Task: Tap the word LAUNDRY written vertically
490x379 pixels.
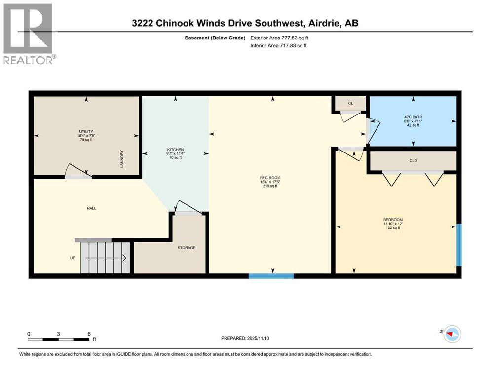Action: tap(121, 158)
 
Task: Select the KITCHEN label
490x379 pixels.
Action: tap(175, 149)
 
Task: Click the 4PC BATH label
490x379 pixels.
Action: tap(412, 117)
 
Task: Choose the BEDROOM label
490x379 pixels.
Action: tap(393, 220)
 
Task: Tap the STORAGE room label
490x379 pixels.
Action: tap(187, 247)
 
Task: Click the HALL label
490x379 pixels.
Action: tap(91, 208)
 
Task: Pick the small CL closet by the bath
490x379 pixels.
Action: tap(350, 103)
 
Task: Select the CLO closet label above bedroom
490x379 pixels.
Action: tap(413, 160)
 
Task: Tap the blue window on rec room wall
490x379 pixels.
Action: tap(271, 276)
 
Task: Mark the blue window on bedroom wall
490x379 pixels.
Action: tap(459, 245)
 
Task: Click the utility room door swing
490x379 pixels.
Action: tap(77, 171)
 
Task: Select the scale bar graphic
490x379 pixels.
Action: tap(59, 339)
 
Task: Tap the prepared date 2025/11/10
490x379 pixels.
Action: tap(245, 338)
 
